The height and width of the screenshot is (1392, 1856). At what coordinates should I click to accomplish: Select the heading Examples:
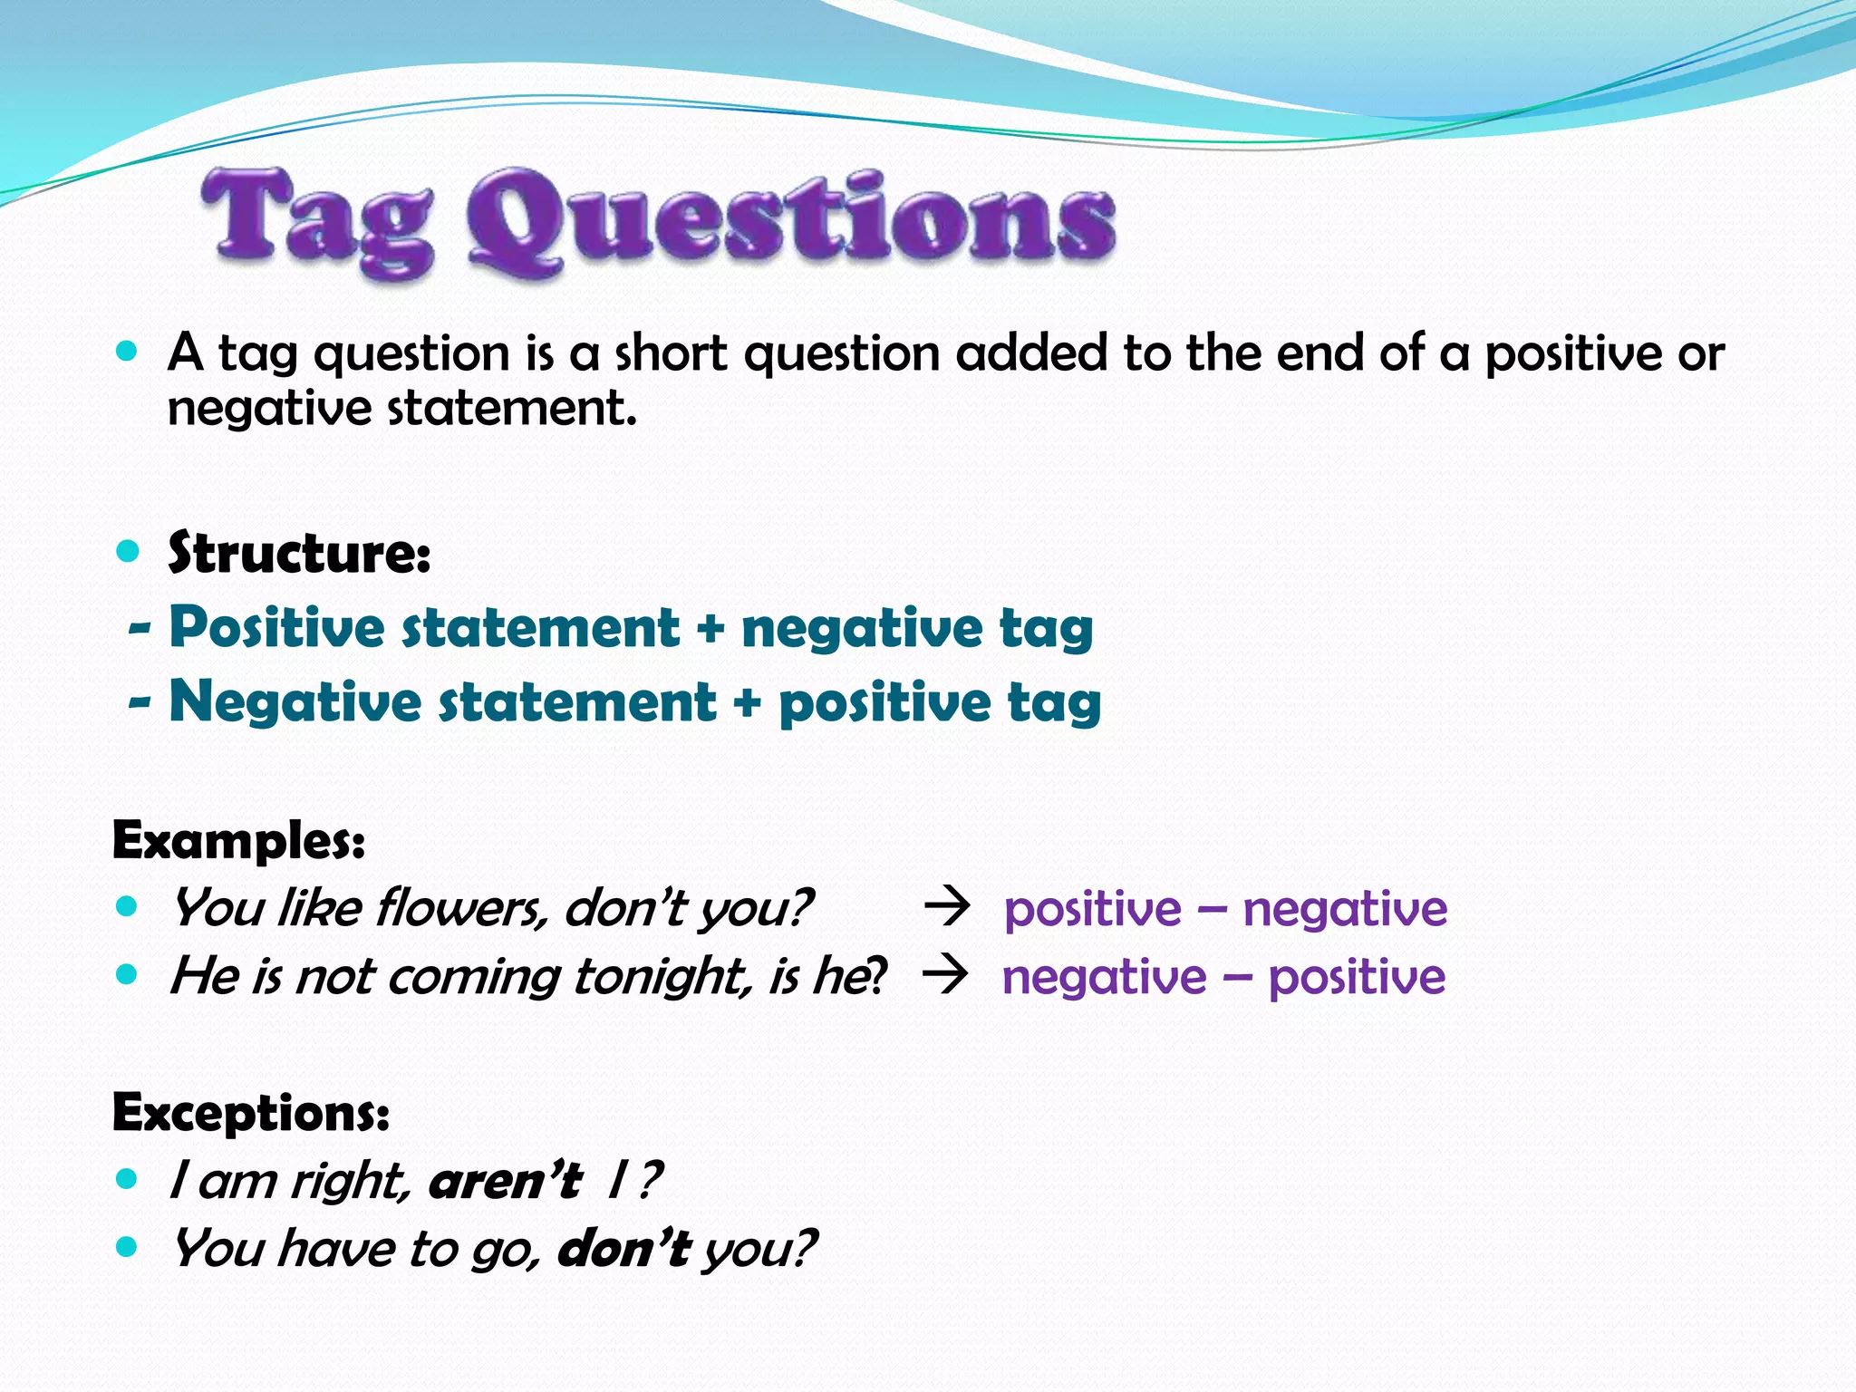pos(238,840)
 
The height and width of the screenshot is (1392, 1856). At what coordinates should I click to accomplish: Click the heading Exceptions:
pos(251,1112)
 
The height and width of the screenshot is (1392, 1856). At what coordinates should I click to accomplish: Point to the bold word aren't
pos(505,1181)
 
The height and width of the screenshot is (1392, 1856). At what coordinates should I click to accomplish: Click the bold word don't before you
pos(623,1249)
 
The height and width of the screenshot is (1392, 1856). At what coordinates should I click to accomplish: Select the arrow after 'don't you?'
pos(947,907)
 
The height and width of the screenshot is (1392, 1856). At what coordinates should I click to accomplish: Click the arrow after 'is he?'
pos(945,976)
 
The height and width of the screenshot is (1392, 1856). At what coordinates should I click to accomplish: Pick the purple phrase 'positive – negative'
pos(1225,909)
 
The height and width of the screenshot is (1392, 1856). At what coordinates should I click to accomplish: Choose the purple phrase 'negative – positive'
pos(1223,978)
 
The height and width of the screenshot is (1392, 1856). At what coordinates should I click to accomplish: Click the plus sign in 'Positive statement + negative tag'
pos(710,629)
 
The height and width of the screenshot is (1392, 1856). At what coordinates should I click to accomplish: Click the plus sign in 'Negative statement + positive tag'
pos(747,703)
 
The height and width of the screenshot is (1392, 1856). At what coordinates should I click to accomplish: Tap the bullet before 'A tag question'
pos(127,351)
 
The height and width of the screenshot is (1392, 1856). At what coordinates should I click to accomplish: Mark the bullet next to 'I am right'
pos(127,1179)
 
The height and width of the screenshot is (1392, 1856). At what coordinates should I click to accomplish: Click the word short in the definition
pos(671,353)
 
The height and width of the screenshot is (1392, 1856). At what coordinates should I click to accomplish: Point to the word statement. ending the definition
pos(512,409)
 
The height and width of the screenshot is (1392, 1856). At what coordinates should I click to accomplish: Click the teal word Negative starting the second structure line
pos(295,702)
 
